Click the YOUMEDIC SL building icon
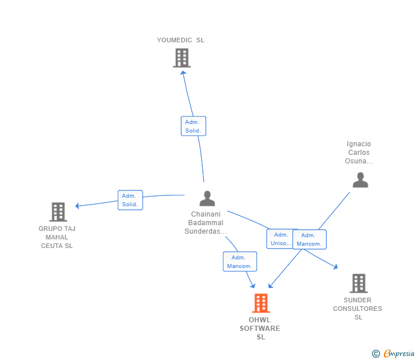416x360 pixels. (181, 58)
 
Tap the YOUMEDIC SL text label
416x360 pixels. (181, 40)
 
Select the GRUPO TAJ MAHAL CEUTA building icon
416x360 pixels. (58, 212)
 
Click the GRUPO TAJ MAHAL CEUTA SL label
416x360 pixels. (57, 237)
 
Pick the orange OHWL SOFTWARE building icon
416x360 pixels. (261, 303)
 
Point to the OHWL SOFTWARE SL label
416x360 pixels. (260, 329)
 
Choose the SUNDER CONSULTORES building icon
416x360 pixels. (358, 283)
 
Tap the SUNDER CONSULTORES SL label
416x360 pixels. (358, 309)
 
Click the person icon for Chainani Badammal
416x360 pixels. (207, 198)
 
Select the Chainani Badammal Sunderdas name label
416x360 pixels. (206, 223)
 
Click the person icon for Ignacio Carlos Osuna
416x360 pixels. (360, 180)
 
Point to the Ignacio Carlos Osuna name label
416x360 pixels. (359, 153)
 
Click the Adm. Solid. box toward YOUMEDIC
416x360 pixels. (193, 126)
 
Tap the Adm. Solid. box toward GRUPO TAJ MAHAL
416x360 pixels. (130, 200)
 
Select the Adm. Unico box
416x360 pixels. (280, 239)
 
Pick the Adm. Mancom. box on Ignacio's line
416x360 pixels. (310, 239)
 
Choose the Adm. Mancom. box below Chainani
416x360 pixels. (239, 262)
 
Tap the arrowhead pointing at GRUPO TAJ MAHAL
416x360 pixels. (78, 205)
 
